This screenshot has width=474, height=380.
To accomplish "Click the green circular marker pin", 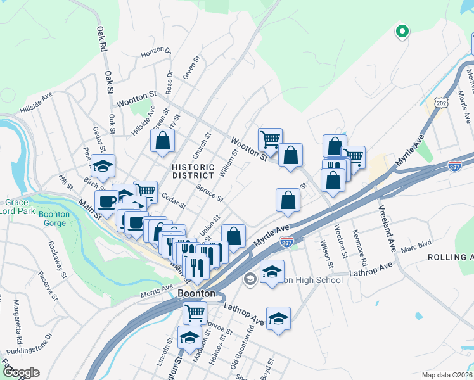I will coord(401,30).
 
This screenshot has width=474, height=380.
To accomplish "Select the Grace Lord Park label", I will coord(19,206).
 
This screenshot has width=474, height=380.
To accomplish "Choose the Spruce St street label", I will coord(210,194).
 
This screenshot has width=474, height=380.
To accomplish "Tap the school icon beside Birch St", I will coord(103,166).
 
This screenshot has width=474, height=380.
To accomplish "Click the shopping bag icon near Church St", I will coord(163,141).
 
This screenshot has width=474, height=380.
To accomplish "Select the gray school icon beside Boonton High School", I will coord(250,279).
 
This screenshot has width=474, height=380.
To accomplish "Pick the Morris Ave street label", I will coord(157,288).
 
